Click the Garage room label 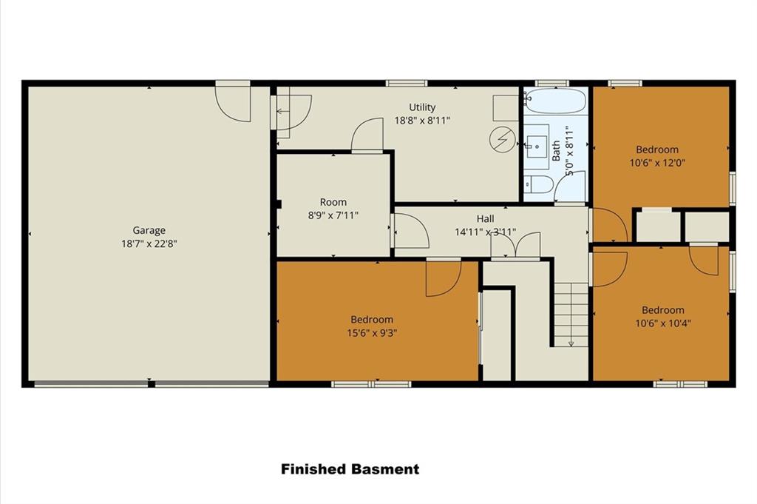tap(149, 230)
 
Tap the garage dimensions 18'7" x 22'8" tap(149, 243)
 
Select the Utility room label tap(422, 107)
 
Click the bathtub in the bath tap(555, 101)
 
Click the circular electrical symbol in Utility tap(502, 140)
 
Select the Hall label tap(485, 219)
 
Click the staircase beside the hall tap(571, 315)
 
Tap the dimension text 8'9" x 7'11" tap(333, 215)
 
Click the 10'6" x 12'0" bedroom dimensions tap(657, 163)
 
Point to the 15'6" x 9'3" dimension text tap(372, 333)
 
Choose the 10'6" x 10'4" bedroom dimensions tap(663, 323)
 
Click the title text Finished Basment tap(350, 469)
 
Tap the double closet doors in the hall tap(515, 246)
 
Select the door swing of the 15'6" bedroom tap(444, 278)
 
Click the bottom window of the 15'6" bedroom tap(371, 384)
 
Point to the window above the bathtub tap(552, 83)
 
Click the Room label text tap(333, 202)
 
